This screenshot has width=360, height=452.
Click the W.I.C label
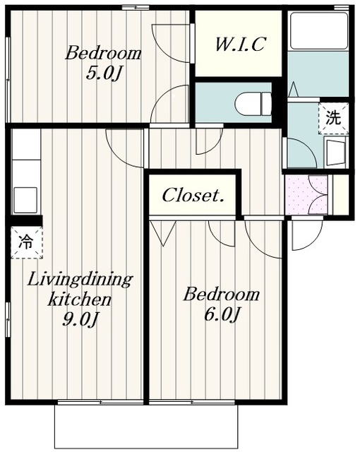point(239,44)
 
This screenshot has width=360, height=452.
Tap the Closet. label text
point(193,195)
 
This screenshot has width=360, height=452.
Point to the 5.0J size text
point(103,73)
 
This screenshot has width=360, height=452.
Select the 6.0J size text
point(222,314)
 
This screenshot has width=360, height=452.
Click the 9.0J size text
point(80,319)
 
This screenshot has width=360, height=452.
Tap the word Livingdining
point(80,280)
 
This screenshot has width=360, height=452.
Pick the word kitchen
point(80,299)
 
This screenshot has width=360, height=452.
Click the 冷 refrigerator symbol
point(27,242)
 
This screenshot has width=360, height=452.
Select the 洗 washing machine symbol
point(333,118)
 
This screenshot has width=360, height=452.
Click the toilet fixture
point(253,104)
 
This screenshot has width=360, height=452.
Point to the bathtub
point(319,31)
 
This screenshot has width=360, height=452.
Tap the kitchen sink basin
point(25,200)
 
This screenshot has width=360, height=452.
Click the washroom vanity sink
point(335,153)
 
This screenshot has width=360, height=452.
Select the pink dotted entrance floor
point(306,195)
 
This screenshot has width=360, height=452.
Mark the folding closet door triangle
point(163,233)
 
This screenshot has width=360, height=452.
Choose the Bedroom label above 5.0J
point(103,54)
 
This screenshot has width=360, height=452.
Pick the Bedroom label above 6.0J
point(222,295)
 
